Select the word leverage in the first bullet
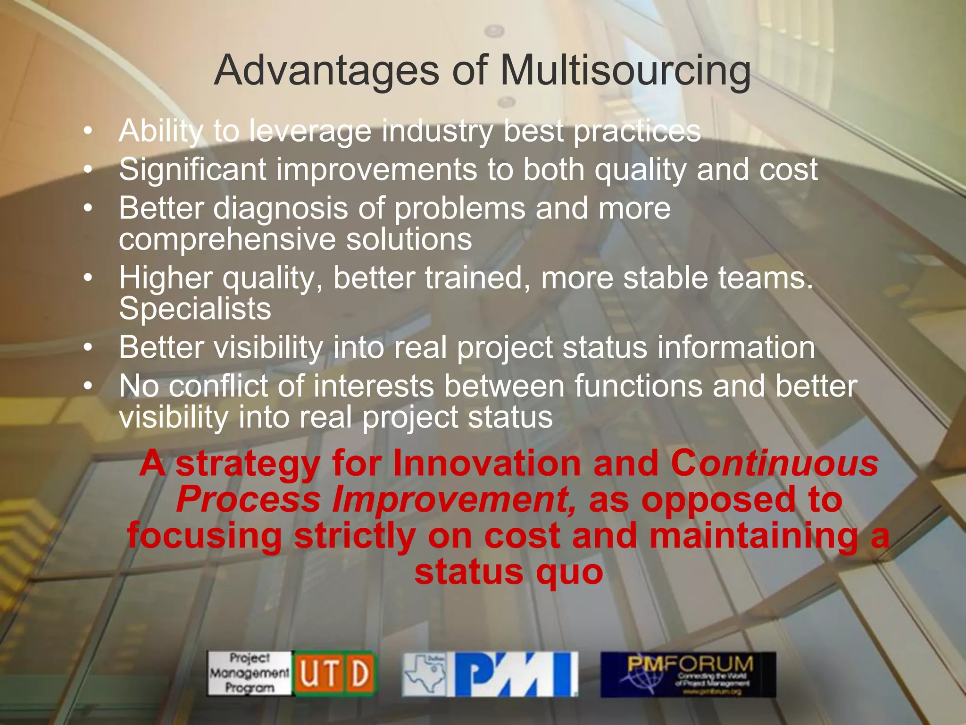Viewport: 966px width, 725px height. click(x=310, y=131)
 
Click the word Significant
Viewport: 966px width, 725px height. click(x=192, y=170)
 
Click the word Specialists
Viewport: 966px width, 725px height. click(x=195, y=309)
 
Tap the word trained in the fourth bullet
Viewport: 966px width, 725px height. click(x=477, y=278)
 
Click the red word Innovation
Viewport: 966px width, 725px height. click(x=487, y=464)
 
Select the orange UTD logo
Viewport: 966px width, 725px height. click(x=334, y=674)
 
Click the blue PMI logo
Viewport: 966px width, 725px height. click(x=515, y=674)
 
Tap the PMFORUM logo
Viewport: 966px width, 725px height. click(x=688, y=674)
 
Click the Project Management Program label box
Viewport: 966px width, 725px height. click(x=250, y=674)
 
